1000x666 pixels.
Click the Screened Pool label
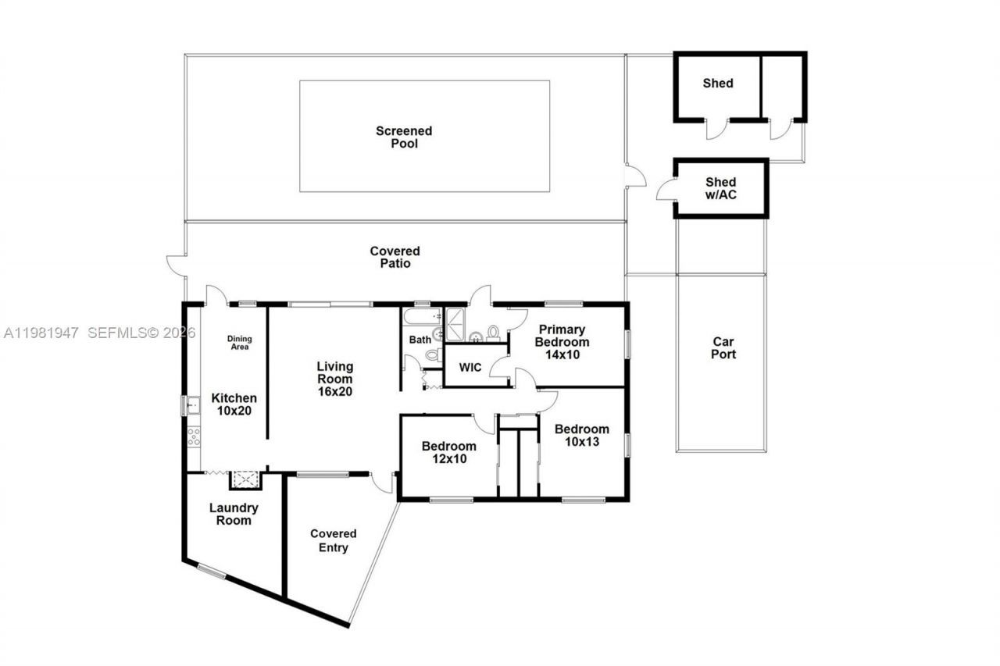403,137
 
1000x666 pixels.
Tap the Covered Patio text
395,257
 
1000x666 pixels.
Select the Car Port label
723,348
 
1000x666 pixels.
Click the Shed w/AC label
720,188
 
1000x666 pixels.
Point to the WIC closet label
470,367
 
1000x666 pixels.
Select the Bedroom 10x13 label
581,441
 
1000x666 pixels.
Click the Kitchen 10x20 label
234,411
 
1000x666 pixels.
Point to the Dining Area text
240,342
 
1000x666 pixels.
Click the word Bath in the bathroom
420,340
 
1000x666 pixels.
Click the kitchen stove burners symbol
193,436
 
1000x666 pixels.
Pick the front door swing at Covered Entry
381,483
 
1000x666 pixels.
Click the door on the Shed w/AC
666,190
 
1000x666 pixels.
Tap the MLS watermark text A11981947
41,333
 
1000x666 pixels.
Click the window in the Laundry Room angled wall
211,572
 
